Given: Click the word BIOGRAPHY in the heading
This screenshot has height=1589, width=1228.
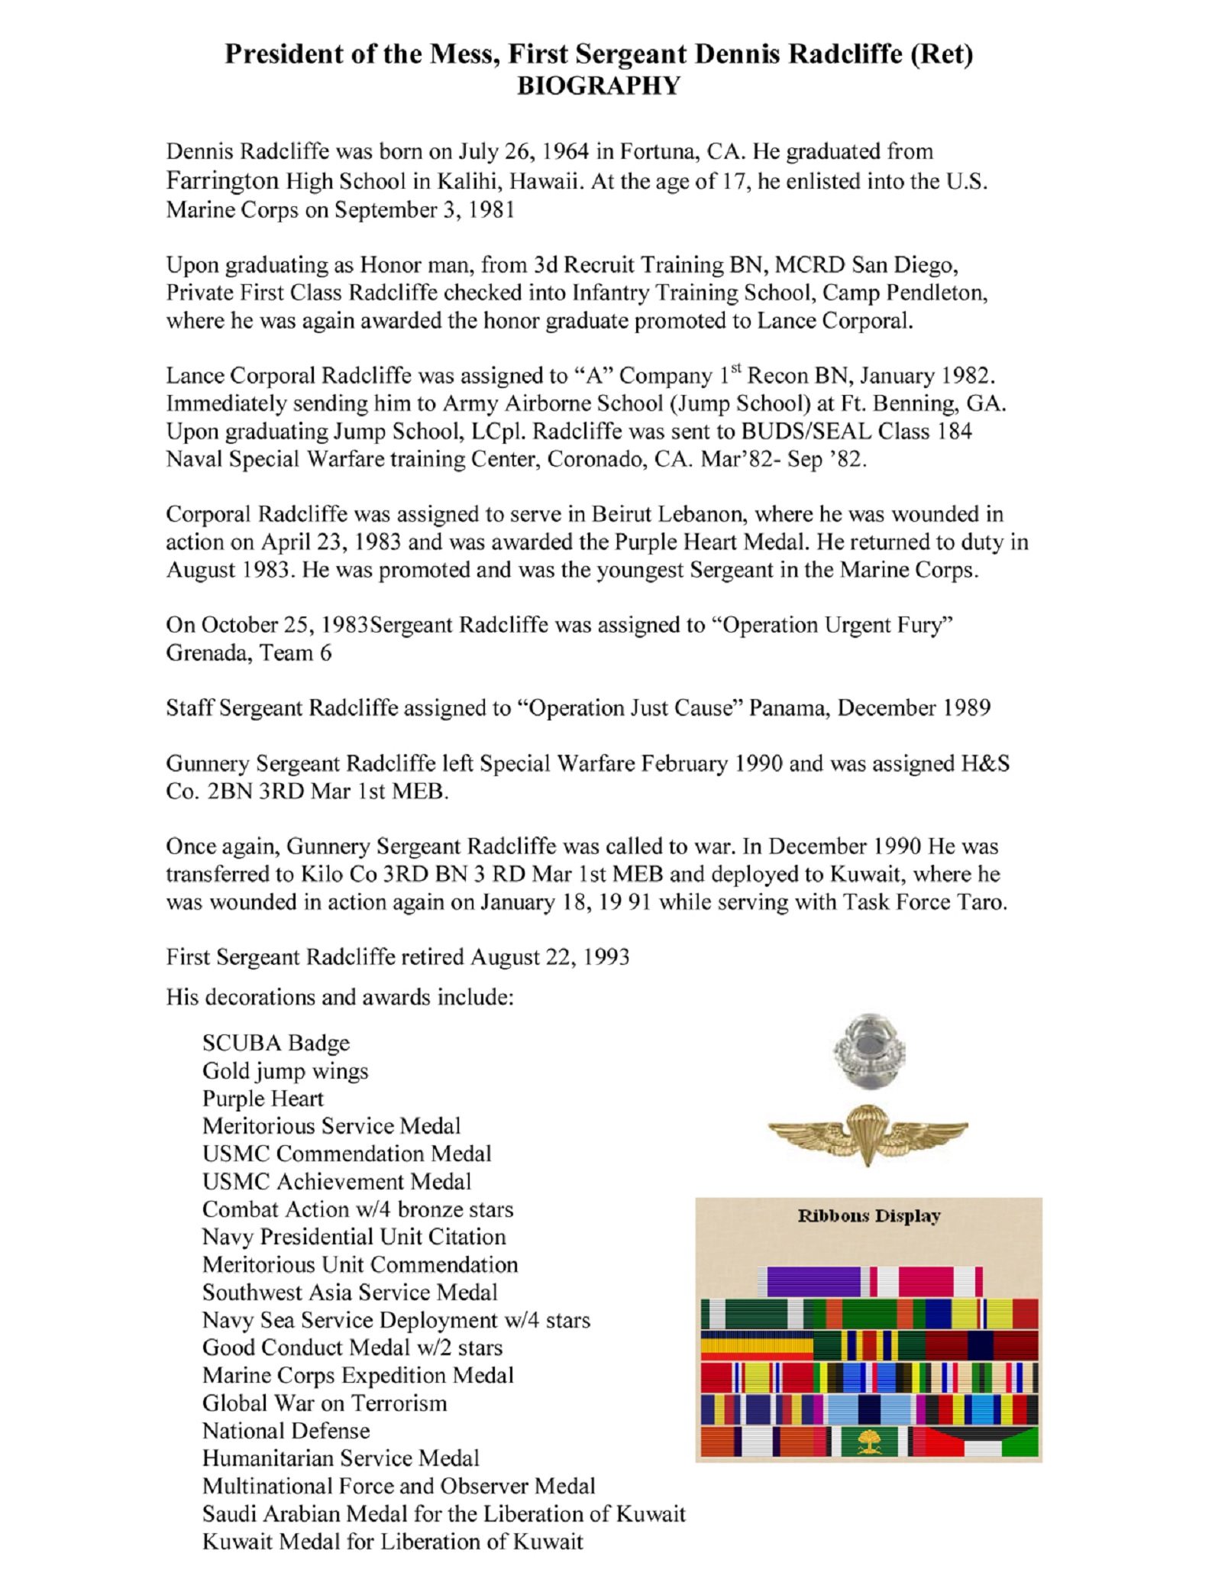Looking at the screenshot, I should [598, 86].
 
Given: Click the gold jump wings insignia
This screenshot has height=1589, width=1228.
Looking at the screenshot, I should [868, 1132].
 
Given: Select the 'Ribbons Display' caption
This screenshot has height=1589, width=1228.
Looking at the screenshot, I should [868, 1216].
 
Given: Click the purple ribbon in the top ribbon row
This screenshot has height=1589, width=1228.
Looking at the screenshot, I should [813, 1281].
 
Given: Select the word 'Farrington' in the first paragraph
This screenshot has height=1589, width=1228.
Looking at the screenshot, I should [222, 181].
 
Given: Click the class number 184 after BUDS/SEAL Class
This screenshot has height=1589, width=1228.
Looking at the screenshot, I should [954, 431].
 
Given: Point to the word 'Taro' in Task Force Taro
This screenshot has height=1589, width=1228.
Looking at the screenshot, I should [981, 902].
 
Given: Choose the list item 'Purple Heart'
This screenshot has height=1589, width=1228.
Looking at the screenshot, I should [263, 1099].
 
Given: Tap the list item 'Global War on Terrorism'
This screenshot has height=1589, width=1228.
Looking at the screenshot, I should [324, 1403].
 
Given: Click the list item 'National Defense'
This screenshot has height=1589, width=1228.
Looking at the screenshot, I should [286, 1431].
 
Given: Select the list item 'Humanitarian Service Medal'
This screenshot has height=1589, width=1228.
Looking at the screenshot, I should [341, 1458].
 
